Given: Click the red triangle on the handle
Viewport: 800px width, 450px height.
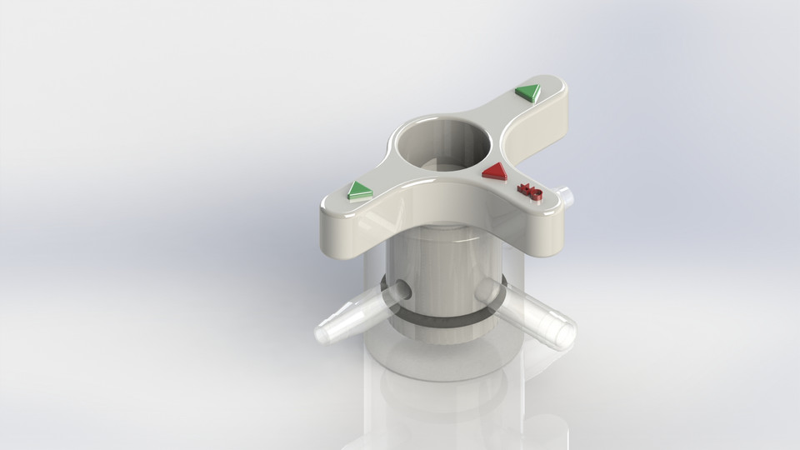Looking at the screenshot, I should (x=495, y=172).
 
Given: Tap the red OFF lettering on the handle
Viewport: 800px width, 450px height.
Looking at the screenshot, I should (x=530, y=192).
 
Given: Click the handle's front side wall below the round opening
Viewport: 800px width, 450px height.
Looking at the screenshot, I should (x=433, y=208).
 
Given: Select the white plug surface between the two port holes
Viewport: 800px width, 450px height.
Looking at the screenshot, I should (x=442, y=283).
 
